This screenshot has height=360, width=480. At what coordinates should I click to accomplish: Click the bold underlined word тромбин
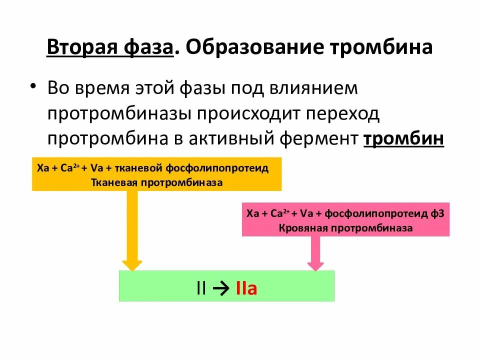tap(403, 138)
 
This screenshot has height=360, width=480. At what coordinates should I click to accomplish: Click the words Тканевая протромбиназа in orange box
tap(156, 182)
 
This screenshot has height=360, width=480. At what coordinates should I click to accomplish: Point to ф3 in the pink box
tap(437, 213)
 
